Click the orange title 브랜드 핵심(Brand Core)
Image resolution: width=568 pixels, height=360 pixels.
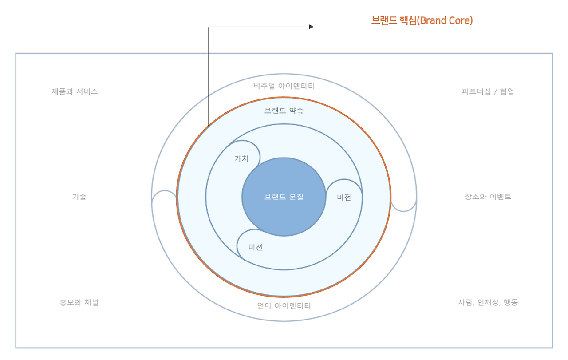click(422, 20)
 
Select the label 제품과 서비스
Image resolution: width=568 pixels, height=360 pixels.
click(75, 91)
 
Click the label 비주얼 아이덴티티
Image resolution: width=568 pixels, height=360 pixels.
click(284, 86)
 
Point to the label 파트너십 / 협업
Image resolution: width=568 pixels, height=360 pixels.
click(488, 91)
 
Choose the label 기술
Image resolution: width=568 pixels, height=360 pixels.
click(79, 197)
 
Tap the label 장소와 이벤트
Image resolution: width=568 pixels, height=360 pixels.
click(488, 197)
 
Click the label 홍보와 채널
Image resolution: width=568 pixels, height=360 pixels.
click(79, 302)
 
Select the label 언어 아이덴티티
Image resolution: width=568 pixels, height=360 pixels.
click(284, 305)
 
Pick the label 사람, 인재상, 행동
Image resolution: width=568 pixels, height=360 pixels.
click(488, 302)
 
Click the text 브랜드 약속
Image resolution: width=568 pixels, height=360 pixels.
click(284, 111)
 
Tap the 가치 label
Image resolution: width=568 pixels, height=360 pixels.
click(241, 158)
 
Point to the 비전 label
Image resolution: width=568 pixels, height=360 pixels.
click(344, 198)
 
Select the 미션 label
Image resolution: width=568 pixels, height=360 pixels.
click(255, 247)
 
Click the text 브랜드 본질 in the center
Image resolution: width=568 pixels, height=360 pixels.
click(284, 197)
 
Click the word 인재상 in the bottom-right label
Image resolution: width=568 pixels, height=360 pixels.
click(488, 302)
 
